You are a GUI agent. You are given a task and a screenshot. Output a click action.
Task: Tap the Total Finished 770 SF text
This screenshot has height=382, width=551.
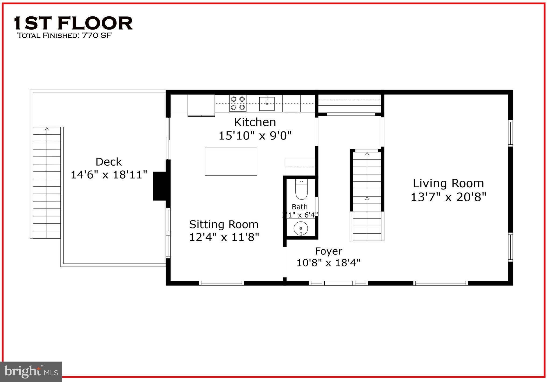(64, 35)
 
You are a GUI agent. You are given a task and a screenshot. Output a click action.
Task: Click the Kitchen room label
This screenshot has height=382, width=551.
(255, 122)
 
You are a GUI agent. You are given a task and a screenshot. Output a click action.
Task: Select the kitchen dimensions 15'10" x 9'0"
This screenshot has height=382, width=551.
(255, 136)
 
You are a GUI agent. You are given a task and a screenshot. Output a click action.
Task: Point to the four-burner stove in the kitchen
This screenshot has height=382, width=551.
(238, 103)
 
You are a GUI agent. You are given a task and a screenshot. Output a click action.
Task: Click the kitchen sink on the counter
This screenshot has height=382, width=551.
(267, 103)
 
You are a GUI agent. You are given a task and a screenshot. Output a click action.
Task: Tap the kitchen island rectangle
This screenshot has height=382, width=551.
(231, 162)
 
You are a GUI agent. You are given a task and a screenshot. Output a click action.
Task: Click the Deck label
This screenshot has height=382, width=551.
(109, 162)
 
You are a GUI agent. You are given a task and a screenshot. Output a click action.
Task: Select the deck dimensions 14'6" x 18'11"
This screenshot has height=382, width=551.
(109, 175)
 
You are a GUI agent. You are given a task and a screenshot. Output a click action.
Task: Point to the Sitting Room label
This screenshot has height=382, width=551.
(224, 224)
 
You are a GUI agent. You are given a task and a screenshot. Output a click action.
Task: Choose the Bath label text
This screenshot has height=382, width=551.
(299, 207)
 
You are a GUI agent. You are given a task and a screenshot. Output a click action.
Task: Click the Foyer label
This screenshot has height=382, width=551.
(329, 251)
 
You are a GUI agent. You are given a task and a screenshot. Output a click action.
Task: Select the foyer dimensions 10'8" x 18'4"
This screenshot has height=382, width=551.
(329, 263)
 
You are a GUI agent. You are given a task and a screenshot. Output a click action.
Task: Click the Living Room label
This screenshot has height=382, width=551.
(448, 183)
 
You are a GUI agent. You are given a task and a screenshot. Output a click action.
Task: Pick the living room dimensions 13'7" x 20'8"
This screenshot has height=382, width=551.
(448, 197)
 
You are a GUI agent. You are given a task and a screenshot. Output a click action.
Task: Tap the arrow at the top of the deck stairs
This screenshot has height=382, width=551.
(47, 129)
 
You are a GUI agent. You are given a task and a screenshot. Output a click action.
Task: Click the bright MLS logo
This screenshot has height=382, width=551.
(31, 372)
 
